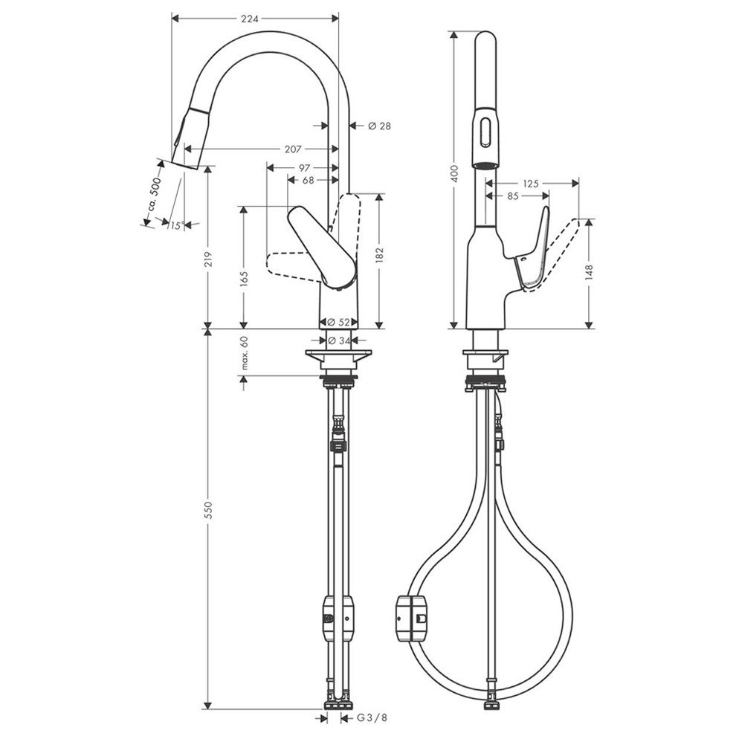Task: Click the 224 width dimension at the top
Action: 250,19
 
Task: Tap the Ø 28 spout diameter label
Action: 380,126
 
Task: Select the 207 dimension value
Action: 293,149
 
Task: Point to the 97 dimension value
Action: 304,167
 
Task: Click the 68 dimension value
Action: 308,180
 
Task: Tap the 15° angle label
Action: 176,226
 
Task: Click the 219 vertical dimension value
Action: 209,259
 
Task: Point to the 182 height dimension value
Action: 380,255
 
